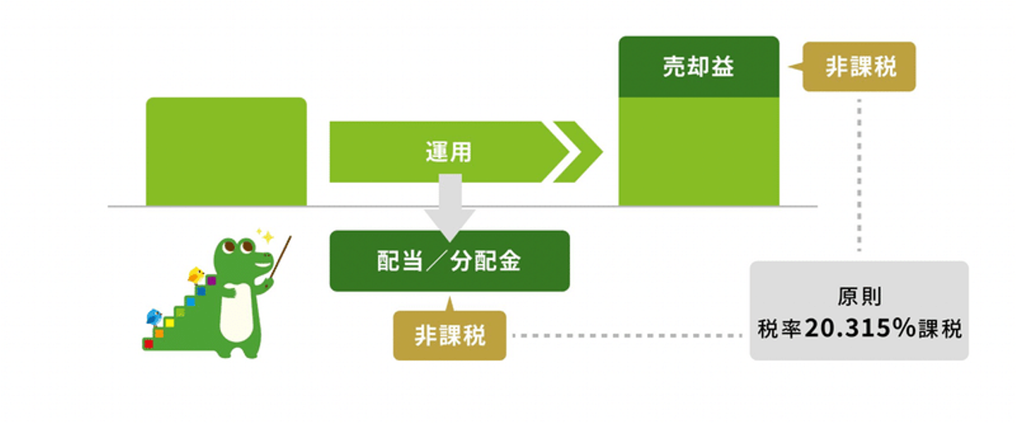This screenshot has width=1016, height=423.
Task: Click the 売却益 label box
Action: click(x=698, y=67)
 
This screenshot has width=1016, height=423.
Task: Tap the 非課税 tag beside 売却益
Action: click(x=860, y=67)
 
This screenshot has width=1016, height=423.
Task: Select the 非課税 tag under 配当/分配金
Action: click(x=449, y=335)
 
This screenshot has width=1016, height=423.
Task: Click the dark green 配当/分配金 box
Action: click(x=449, y=261)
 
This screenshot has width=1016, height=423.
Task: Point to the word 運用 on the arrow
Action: click(x=448, y=152)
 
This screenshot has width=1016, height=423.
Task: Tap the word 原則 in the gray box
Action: click(x=859, y=297)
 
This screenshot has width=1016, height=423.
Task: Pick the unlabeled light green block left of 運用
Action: click(x=226, y=152)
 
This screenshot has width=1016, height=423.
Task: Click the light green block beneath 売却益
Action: click(x=698, y=151)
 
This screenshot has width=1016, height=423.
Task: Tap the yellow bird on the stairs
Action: click(x=195, y=275)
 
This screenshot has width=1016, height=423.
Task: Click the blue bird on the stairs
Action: click(x=154, y=316)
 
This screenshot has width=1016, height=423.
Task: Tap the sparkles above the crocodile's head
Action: click(x=265, y=235)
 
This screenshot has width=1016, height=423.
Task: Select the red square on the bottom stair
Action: click(x=148, y=344)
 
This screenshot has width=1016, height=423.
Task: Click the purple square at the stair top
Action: click(x=211, y=280)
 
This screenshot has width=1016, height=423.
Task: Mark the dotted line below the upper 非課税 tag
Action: click(x=859, y=173)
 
